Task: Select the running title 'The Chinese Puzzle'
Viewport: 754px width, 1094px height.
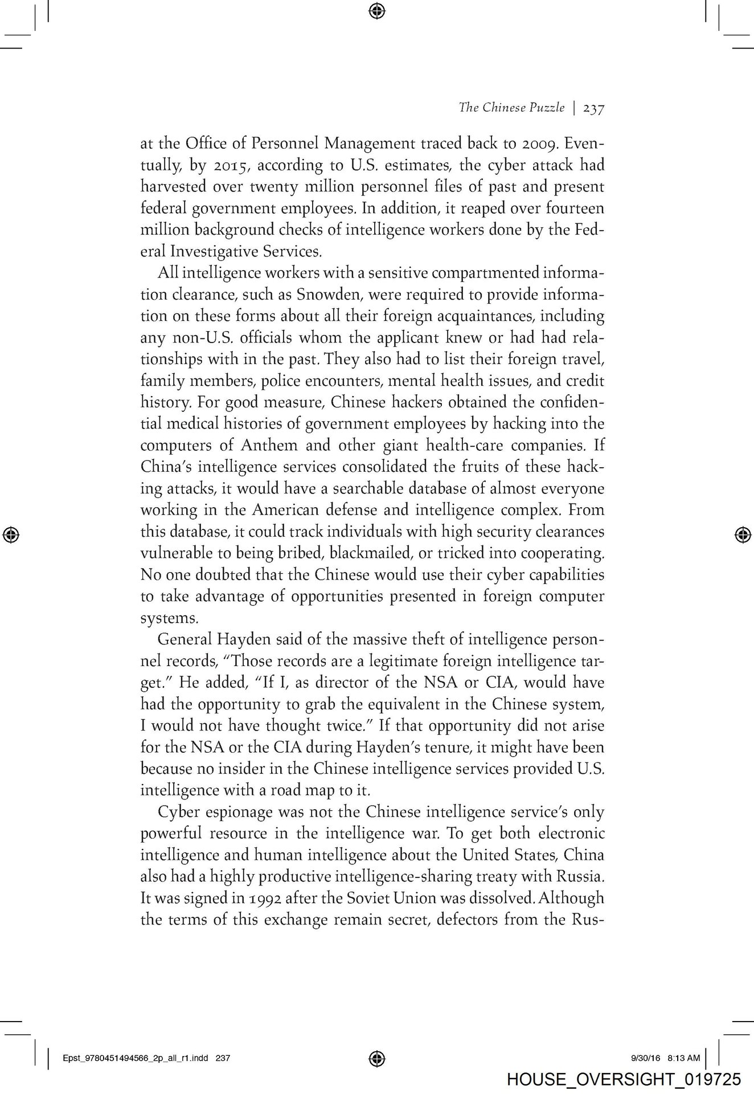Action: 511,108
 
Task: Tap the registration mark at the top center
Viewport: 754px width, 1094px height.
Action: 377,10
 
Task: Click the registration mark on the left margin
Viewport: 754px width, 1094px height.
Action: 11,534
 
